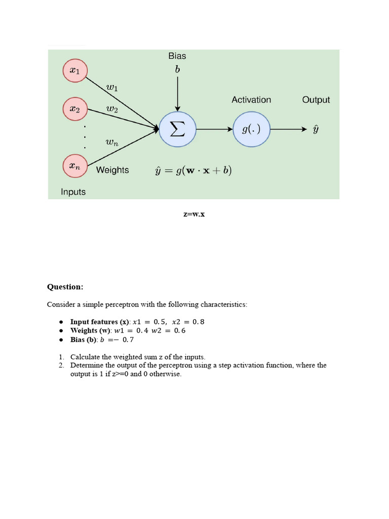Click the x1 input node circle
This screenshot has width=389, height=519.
(74, 71)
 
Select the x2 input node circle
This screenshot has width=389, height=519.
(74, 108)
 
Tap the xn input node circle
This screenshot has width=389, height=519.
(74, 166)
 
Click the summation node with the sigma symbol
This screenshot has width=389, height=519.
(177, 129)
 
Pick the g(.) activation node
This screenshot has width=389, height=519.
(251, 129)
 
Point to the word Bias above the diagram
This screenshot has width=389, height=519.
(177, 56)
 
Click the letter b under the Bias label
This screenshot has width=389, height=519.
(177, 70)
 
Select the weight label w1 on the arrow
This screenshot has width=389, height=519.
(112, 88)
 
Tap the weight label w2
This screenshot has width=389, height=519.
(112, 109)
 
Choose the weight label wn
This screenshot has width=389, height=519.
(112, 143)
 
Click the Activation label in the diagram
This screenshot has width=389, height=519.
(251, 100)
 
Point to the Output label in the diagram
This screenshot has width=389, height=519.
(316, 100)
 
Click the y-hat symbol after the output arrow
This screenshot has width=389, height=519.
(316, 130)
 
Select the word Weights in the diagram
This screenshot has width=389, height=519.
(112, 170)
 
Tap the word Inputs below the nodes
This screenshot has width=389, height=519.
(73, 192)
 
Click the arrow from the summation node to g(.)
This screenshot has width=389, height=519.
(214, 129)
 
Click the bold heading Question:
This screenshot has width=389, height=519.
(65, 287)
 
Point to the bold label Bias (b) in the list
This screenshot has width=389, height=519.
(84, 340)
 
